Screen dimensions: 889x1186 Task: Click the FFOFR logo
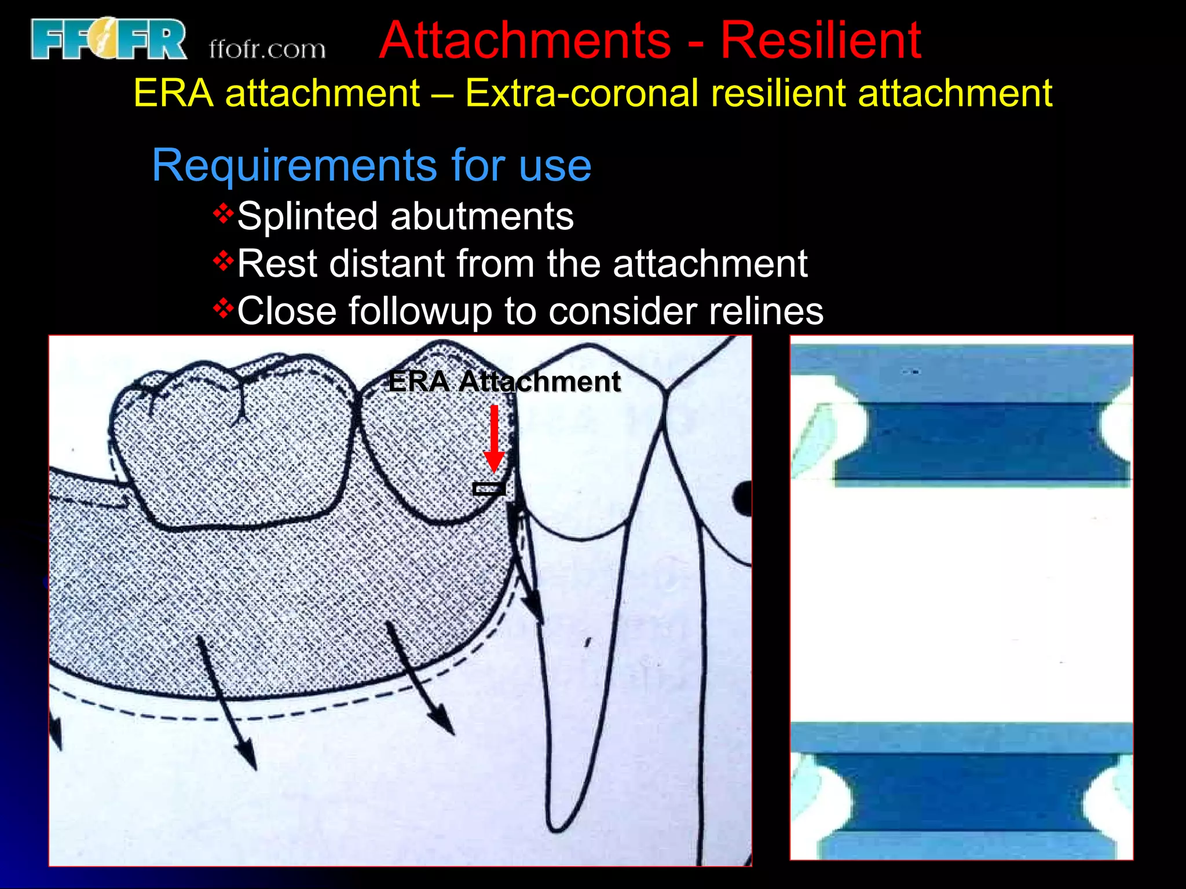(108, 39)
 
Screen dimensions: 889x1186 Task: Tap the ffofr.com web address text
(267, 49)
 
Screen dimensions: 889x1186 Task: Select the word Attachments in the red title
(525, 41)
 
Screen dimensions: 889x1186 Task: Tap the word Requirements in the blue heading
(294, 166)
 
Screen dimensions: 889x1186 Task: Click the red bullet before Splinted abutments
(223, 214)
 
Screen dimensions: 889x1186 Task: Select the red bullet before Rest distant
(223, 262)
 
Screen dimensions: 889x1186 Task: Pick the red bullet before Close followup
(223, 309)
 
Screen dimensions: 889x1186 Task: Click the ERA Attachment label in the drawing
(504, 382)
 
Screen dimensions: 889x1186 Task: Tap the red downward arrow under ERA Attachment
(494, 438)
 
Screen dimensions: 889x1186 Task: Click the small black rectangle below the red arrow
(489, 489)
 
